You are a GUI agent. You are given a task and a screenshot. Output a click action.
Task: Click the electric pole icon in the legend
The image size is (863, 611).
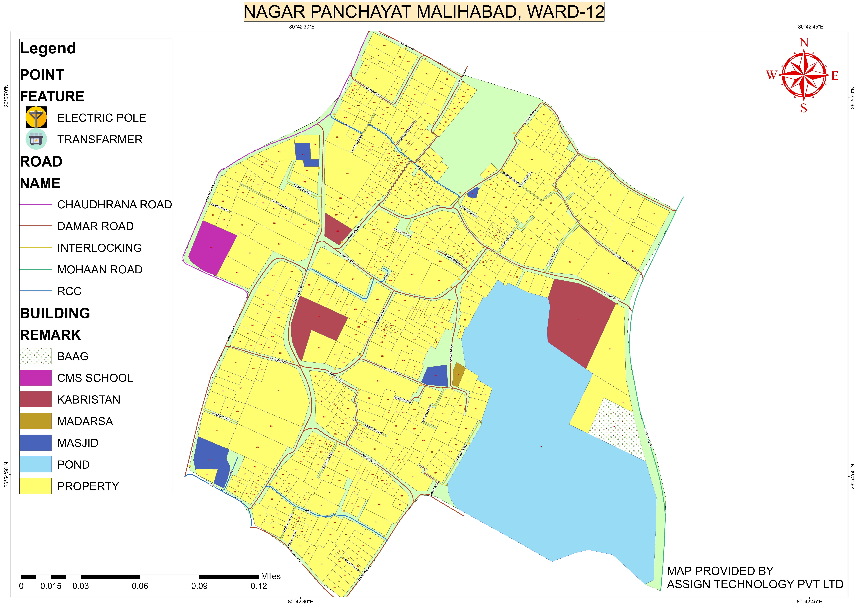pyautogui.click(x=36, y=117)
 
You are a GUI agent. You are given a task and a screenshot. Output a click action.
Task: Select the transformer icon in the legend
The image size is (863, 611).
pyautogui.click(x=36, y=139)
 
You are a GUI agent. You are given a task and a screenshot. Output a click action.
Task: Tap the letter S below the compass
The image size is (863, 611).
pyautogui.click(x=804, y=108)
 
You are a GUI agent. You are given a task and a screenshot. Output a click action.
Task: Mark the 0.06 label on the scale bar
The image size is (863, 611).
pyautogui.click(x=140, y=586)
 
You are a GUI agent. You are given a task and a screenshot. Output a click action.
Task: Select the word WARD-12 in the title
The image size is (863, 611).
pyautogui.click(x=565, y=12)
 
